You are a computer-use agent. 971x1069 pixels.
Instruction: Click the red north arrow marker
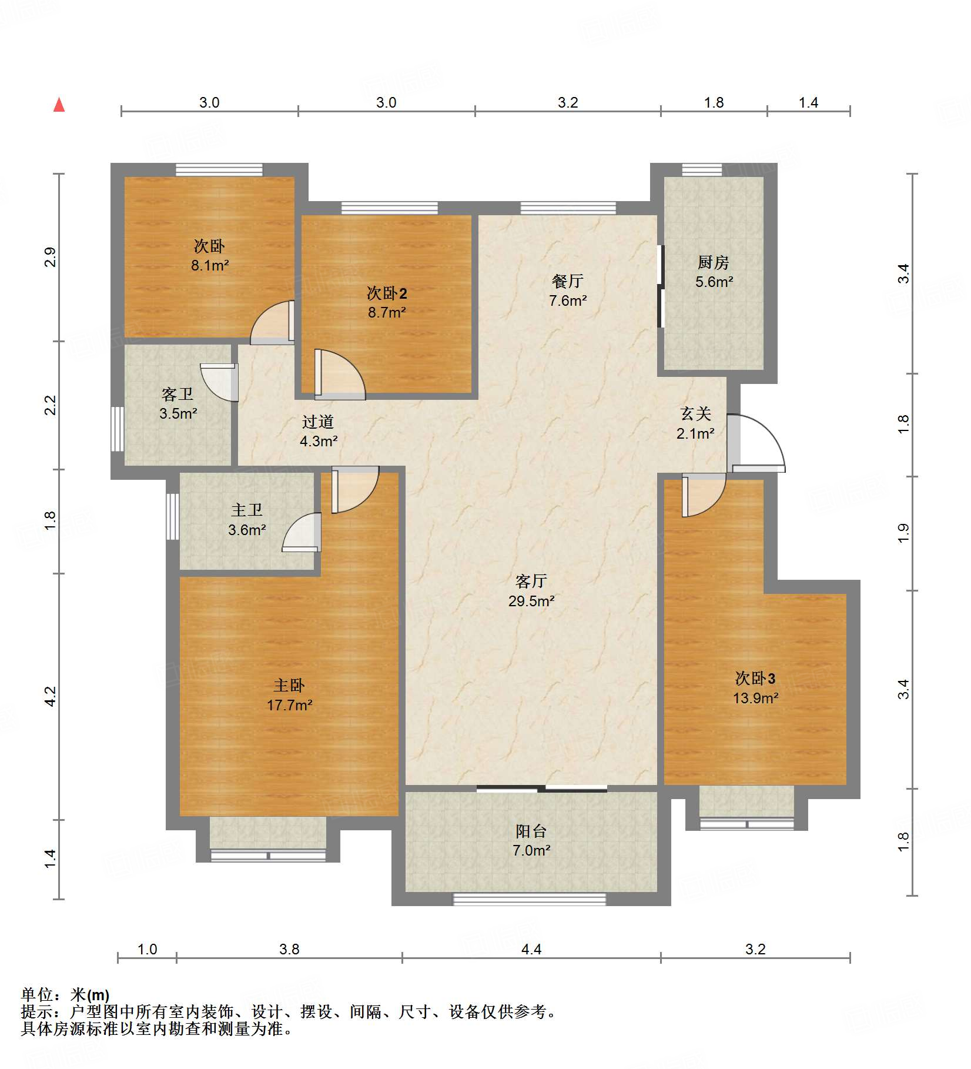click(59, 105)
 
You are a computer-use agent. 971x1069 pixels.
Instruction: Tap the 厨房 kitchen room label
click(714, 262)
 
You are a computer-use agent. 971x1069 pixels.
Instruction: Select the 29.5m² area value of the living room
click(531, 601)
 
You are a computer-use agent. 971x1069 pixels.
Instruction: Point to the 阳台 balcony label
click(531, 831)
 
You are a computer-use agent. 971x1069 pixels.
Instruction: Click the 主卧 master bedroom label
click(289, 685)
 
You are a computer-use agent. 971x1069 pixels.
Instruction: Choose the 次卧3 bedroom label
click(755, 679)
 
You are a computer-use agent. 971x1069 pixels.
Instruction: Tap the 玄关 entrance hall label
click(696, 414)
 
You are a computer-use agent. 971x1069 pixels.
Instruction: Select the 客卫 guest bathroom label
click(178, 394)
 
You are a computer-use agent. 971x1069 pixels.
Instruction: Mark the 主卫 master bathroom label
click(247, 510)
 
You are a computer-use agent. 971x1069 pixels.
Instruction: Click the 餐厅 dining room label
click(567, 281)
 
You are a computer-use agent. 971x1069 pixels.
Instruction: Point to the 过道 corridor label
click(318, 422)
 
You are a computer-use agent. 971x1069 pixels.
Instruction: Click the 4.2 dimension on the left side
click(51, 696)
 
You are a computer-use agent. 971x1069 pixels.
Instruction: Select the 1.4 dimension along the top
click(808, 103)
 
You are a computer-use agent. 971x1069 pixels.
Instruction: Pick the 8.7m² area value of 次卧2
click(387, 312)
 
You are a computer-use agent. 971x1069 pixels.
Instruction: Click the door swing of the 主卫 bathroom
click(302, 532)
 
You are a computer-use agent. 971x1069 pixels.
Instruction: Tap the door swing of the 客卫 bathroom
click(219, 382)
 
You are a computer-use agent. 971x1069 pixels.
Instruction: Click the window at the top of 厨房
click(702, 170)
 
